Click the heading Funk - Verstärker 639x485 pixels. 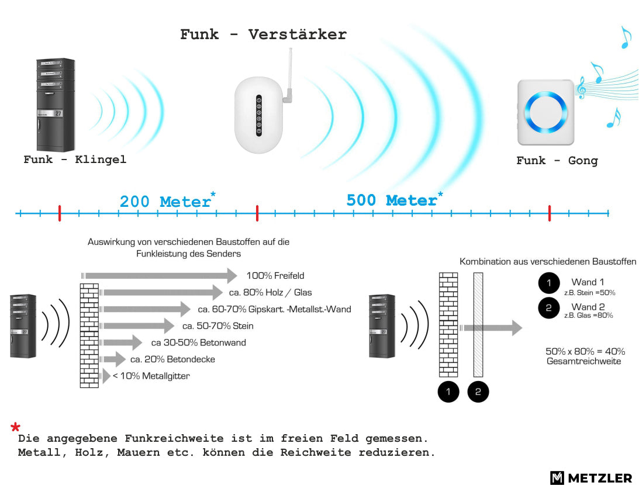click(263, 34)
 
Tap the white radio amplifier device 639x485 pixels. click(259, 115)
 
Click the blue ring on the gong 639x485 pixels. click(545, 112)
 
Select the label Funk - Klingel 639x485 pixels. click(75, 159)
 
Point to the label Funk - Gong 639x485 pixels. click(557, 161)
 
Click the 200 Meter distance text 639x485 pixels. click(167, 201)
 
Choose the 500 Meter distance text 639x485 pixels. click(395, 199)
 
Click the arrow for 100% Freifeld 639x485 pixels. click(159, 276)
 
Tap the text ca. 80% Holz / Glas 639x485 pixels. click(270, 292)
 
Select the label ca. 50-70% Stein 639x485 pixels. click(217, 326)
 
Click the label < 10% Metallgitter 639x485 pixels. click(151, 376)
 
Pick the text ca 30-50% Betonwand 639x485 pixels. click(198, 342)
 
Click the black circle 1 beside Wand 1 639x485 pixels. click(549, 283)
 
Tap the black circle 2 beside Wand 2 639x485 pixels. click(549, 308)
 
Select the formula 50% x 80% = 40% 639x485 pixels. click(585, 351)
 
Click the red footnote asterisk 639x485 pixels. click(15, 427)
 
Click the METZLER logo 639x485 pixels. click(591, 477)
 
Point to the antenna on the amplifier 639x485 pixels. click(289, 75)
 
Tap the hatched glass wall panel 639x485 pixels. click(478, 324)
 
